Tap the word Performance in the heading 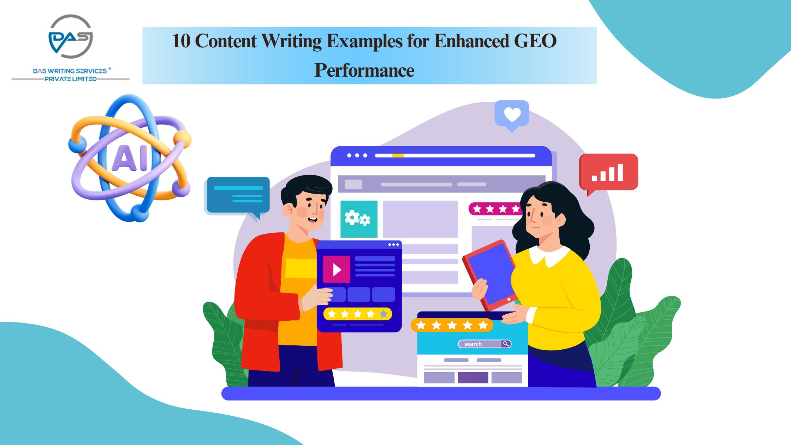tap(364, 70)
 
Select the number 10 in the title tap(181, 41)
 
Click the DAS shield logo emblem tap(71, 37)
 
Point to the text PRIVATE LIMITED tap(71, 79)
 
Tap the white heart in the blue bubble tap(512, 114)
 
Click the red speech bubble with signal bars tap(608, 172)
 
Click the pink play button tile tap(337, 269)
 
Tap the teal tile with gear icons tap(359, 219)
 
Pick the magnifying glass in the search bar tap(506, 344)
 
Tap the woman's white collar tap(549, 256)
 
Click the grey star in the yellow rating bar tap(383, 314)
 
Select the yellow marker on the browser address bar tap(398, 155)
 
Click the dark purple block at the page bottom tap(473, 378)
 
